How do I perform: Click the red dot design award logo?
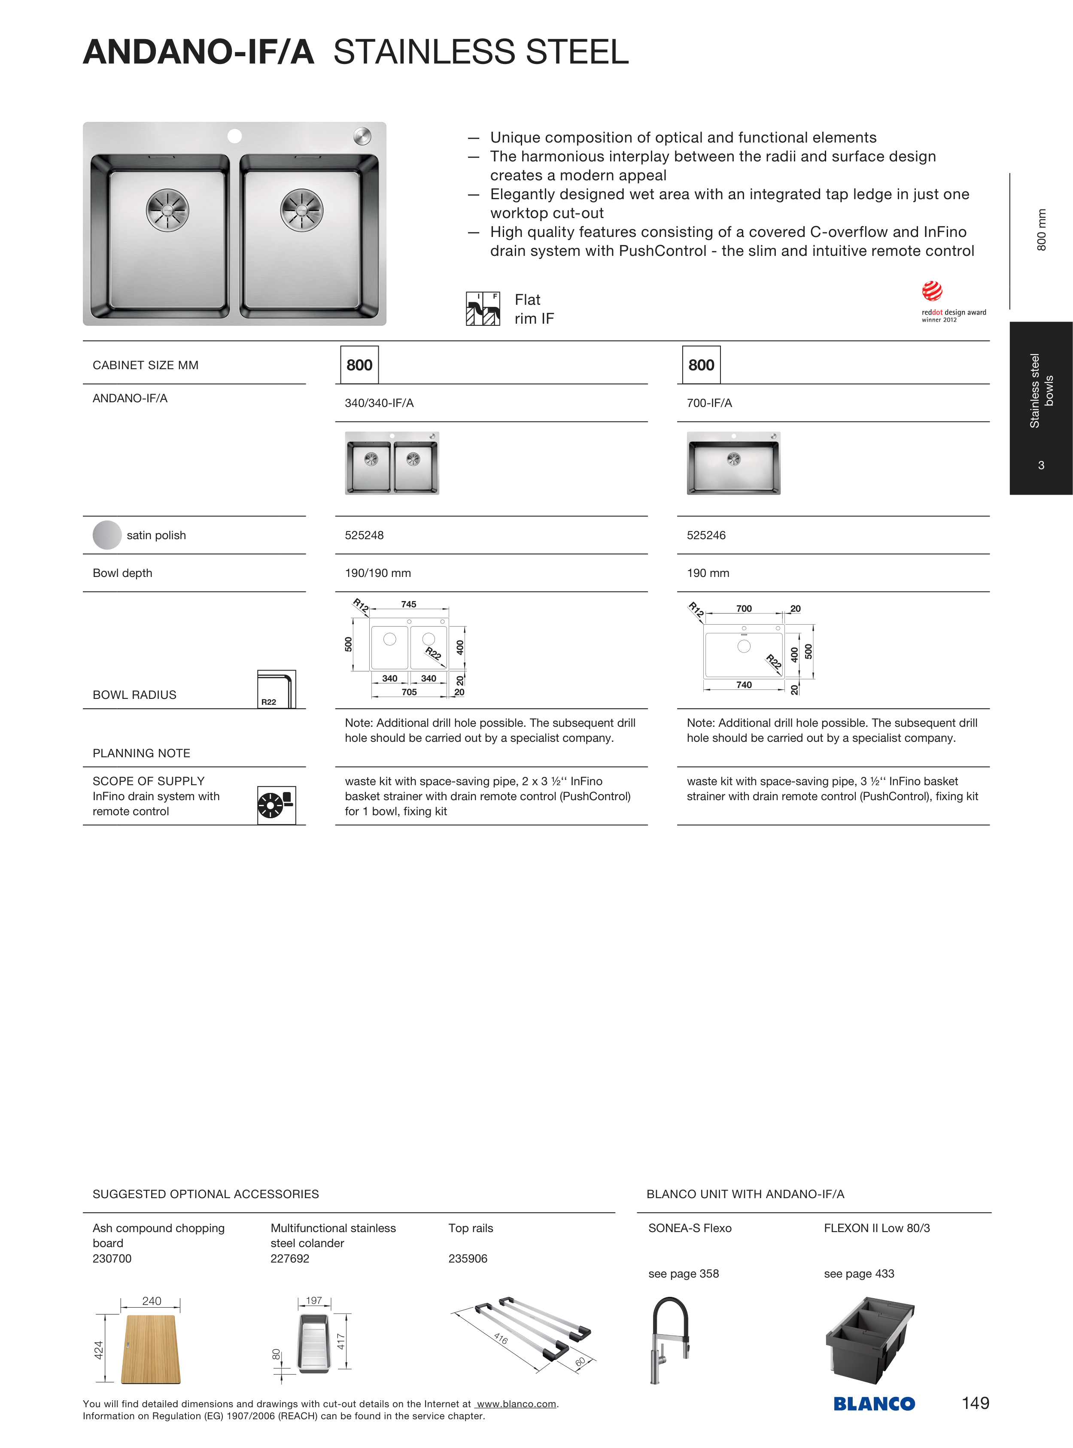(933, 291)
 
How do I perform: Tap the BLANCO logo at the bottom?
(874, 1404)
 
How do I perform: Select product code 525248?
(365, 535)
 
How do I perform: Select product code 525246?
(706, 535)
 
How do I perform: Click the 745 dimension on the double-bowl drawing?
(408, 604)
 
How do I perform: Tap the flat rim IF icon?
(483, 308)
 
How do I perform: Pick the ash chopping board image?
(151, 1349)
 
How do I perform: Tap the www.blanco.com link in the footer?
(517, 1404)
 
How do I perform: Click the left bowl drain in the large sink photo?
(167, 210)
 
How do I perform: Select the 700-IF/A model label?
(709, 403)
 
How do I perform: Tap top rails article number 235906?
(468, 1258)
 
